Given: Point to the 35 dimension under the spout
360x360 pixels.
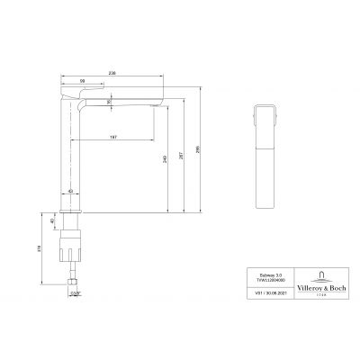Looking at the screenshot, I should pos(109,102).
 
